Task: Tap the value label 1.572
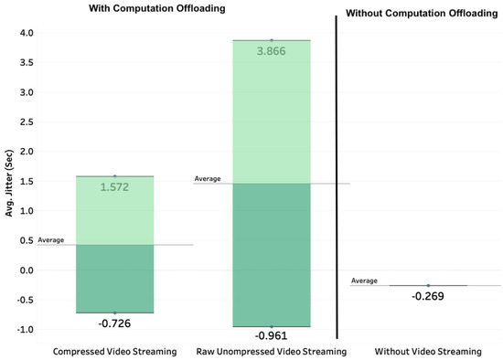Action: [x=114, y=187]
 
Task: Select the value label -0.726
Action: [x=114, y=323]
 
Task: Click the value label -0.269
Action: [x=428, y=296]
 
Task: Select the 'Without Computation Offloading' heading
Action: [x=423, y=13]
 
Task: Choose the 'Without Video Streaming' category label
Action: [x=428, y=351]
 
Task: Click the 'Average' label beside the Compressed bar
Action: [x=51, y=239]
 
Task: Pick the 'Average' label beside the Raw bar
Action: [x=208, y=178]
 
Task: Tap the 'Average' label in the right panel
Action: [x=365, y=281]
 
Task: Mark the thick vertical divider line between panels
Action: [x=337, y=174]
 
